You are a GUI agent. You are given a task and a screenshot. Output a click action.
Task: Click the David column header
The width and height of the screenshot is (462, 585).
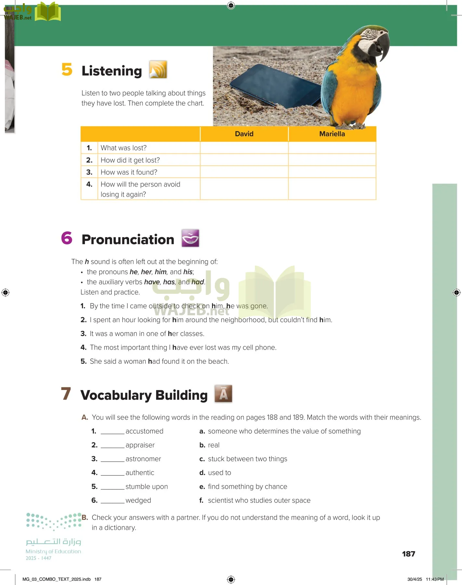(x=244, y=134)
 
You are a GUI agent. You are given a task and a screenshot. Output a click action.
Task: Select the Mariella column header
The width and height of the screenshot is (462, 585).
(x=332, y=134)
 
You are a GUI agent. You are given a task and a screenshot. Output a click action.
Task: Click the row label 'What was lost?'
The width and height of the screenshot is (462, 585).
(x=124, y=148)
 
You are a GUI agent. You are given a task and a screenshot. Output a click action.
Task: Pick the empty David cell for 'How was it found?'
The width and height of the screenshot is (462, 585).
(x=244, y=172)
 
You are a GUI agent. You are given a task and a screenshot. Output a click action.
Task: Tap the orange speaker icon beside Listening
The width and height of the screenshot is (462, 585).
(x=158, y=70)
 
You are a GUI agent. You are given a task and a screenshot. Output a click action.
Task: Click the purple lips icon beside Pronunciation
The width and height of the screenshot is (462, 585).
(x=190, y=238)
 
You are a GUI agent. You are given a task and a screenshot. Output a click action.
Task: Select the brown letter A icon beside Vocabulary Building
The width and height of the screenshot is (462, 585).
(x=223, y=394)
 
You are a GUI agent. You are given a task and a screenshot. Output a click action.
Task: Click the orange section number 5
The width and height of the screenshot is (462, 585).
(x=67, y=70)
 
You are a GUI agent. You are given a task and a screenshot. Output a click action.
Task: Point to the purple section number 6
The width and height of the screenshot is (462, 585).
(x=67, y=238)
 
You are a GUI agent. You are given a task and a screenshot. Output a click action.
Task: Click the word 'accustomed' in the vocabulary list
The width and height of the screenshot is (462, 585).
(x=144, y=431)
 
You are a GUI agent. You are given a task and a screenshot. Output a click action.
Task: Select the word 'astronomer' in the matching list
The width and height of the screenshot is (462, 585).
(x=143, y=459)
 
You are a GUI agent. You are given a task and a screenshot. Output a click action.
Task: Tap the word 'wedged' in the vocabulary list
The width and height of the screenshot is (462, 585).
(x=138, y=500)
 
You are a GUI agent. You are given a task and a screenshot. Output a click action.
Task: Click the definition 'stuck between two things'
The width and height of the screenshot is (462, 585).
(x=247, y=459)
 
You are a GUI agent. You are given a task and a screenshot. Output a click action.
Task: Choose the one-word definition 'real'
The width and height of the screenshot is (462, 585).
(x=214, y=445)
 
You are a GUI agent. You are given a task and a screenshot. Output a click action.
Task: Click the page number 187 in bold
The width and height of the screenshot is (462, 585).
(x=408, y=554)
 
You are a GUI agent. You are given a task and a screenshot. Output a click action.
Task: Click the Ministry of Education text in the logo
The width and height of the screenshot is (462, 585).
(x=53, y=552)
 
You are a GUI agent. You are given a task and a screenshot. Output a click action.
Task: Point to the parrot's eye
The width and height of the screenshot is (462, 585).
(x=369, y=32)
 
